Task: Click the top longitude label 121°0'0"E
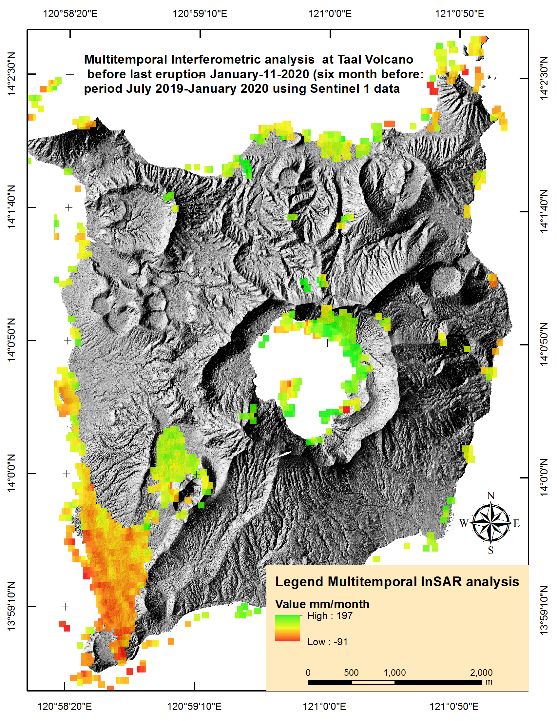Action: [x=330, y=14]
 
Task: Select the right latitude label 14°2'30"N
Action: [x=544, y=78]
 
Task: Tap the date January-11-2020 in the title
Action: [x=259, y=74]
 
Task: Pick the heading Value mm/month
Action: [x=322, y=604]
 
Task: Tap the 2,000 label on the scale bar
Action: [x=481, y=672]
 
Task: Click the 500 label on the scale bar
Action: [x=351, y=672]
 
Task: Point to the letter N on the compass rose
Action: [x=491, y=496]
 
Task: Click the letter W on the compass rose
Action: [x=464, y=523]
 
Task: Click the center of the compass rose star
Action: [x=491, y=523]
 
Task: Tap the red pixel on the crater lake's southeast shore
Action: [x=346, y=409]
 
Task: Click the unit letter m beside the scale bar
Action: [x=489, y=682]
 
